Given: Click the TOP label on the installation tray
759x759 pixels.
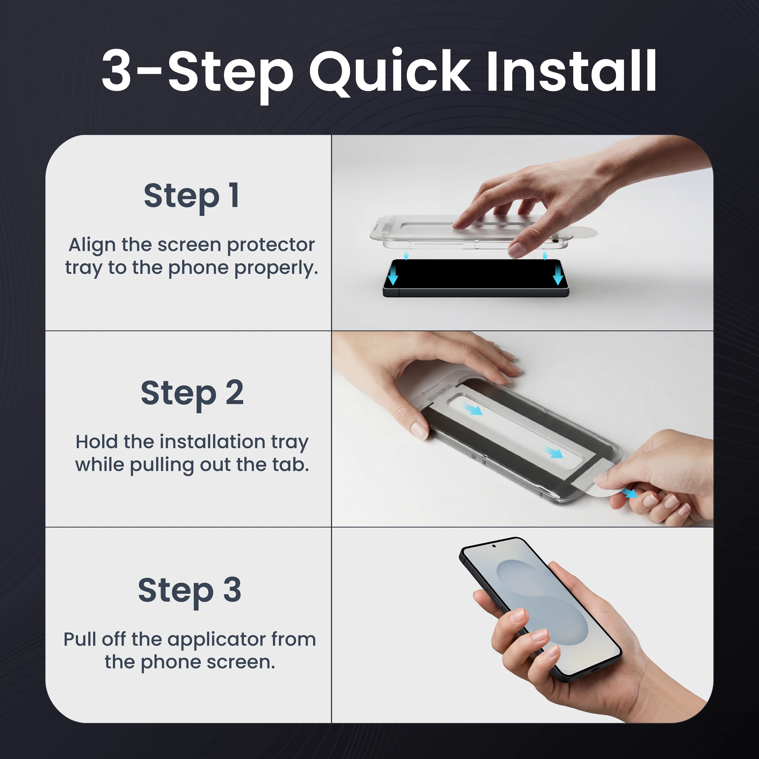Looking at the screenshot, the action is (x=441, y=391).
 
